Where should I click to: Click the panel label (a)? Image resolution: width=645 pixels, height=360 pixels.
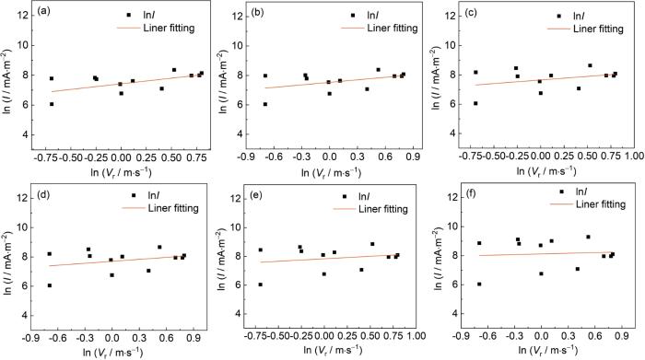pos(43,11)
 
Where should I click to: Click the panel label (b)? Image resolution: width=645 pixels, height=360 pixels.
pos(257,13)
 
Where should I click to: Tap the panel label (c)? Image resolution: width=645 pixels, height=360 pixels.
pos(470,12)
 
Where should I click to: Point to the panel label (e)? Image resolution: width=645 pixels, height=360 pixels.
pos(256,195)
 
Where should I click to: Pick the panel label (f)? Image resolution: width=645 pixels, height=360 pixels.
pos(469,193)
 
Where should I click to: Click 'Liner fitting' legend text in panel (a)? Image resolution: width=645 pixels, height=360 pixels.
pos(169,28)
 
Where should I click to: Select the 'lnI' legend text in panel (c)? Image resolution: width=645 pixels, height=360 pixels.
pos(580,16)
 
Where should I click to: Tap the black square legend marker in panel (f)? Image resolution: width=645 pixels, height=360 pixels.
pos(561,192)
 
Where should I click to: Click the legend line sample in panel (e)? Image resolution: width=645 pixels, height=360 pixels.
pos(344,209)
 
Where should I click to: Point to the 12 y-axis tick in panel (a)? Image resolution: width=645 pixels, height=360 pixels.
pos(23,16)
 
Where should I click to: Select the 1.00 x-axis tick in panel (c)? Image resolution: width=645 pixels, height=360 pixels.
pos(634,157)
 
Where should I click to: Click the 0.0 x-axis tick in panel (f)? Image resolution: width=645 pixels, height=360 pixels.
pos(542,336)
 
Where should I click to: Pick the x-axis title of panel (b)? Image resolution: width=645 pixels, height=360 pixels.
pos(331,172)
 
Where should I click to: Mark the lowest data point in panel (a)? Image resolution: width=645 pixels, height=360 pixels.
pos(52,104)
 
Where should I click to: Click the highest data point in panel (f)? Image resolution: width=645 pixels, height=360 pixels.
pos(588,237)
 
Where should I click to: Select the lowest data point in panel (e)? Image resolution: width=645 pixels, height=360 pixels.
pos(261,285)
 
